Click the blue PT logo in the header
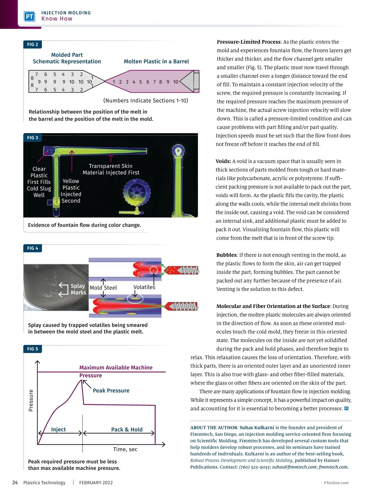(29, 16)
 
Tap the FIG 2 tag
(33, 44)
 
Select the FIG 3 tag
(33, 138)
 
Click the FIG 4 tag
(33, 248)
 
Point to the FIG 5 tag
(33, 349)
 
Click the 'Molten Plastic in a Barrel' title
(156, 61)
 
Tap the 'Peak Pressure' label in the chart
(111, 391)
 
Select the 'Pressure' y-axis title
(31, 401)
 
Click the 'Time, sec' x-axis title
(125, 449)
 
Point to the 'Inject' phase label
(58, 429)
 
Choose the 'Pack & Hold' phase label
(127, 429)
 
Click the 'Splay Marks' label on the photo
(78, 289)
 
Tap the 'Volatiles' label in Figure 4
(144, 287)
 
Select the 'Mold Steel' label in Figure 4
(103, 288)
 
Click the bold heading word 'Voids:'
(223, 161)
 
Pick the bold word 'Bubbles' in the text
(226, 255)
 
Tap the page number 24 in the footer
(15, 482)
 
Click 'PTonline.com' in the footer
(336, 483)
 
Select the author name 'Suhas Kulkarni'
(257, 427)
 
